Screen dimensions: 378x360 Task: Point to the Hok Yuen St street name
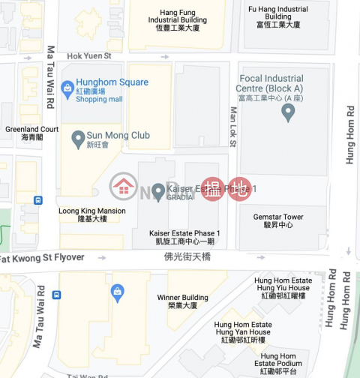point(88,55)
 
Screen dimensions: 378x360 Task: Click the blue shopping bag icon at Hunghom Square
point(67,88)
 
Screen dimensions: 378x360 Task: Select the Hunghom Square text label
point(112,82)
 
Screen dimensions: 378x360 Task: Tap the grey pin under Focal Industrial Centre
point(287,112)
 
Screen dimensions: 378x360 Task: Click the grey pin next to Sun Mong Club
point(78,139)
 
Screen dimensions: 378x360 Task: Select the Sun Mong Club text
point(119,136)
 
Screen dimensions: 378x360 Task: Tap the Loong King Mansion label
point(92,214)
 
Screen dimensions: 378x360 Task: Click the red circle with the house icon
point(123,187)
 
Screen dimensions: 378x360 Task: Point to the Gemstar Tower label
point(277,220)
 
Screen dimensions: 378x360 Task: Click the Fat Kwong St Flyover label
point(42,258)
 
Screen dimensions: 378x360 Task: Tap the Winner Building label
point(178,301)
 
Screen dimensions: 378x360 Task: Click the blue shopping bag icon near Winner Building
point(117,292)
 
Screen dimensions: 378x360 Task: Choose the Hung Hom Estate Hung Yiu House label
point(283,287)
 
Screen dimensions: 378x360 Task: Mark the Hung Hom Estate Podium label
point(278,363)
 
